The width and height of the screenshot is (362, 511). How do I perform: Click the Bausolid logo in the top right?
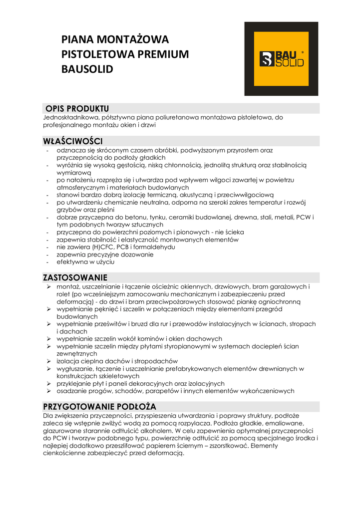pos(281,59)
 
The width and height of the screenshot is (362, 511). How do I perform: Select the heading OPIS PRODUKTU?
pos(77,109)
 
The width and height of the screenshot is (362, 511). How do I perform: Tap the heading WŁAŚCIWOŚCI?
pos(73,141)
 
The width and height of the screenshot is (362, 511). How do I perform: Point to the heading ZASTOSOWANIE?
pos(75,277)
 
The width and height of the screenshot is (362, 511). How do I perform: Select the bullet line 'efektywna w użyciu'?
pos(85,262)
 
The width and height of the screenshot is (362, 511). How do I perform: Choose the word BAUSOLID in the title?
pos(87,69)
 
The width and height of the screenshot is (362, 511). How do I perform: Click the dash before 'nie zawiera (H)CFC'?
pos(47,247)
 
